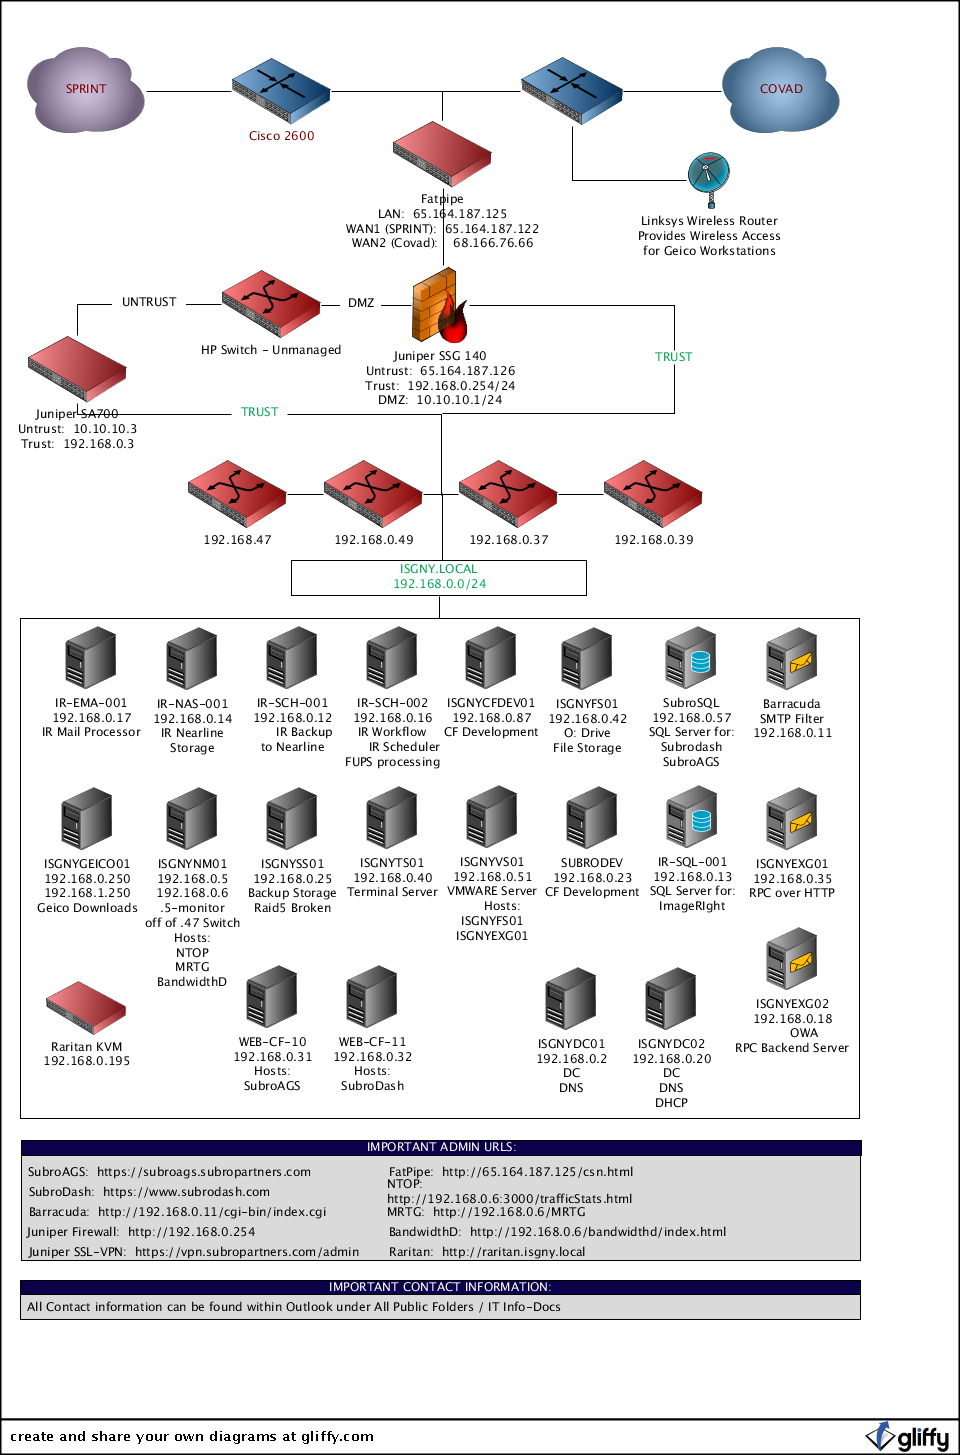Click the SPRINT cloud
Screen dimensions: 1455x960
(x=86, y=90)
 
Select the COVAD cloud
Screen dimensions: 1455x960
(x=781, y=90)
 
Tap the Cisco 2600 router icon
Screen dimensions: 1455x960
(x=281, y=91)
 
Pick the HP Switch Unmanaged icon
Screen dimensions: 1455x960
(x=271, y=302)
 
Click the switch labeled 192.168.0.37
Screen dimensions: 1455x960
(x=508, y=493)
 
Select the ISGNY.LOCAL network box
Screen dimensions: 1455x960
(x=438, y=577)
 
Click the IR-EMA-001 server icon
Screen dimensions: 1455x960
(x=91, y=658)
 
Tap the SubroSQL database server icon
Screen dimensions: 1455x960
(x=691, y=658)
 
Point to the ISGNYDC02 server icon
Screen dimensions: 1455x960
(x=671, y=999)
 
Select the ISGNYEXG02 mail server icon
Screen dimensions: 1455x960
(x=792, y=959)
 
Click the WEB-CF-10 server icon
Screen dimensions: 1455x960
(x=272, y=997)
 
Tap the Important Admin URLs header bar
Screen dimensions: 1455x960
(x=440, y=1148)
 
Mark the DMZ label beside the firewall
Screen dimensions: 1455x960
(x=361, y=303)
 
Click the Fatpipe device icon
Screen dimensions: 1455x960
(x=442, y=154)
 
